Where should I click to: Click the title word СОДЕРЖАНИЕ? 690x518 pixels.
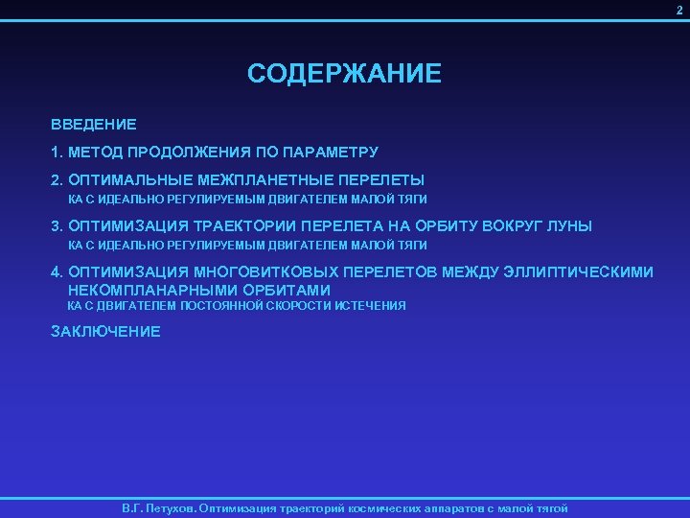pos(344,74)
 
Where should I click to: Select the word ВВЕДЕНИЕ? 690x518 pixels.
pos(94,124)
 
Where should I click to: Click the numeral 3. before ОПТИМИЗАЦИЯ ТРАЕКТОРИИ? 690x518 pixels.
pos(57,225)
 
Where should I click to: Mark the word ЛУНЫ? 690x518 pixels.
pos(568,225)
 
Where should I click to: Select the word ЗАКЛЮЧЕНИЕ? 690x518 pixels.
pos(105,332)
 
